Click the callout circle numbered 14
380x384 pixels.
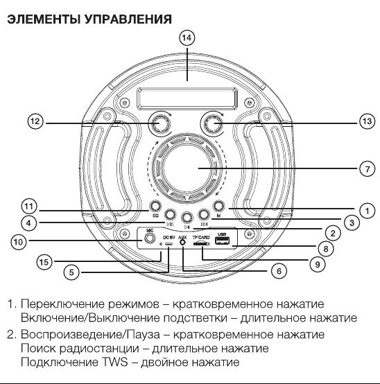(x=187, y=38)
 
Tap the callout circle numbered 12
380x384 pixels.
(x=35, y=121)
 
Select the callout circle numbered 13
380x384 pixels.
(x=367, y=121)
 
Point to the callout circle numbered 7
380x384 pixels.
(x=367, y=168)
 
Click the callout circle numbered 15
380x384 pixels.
(x=44, y=262)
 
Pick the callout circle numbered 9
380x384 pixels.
(x=318, y=264)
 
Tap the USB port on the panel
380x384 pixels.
(x=222, y=241)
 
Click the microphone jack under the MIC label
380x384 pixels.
(x=149, y=238)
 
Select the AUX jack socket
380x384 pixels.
(x=182, y=242)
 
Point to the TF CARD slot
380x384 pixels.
(x=201, y=244)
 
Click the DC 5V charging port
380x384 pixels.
(x=169, y=244)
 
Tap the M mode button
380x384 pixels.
(x=219, y=206)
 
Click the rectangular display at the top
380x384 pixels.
(x=187, y=98)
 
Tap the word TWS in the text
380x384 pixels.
(x=115, y=362)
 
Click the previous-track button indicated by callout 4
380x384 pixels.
(x=170, y=215)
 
